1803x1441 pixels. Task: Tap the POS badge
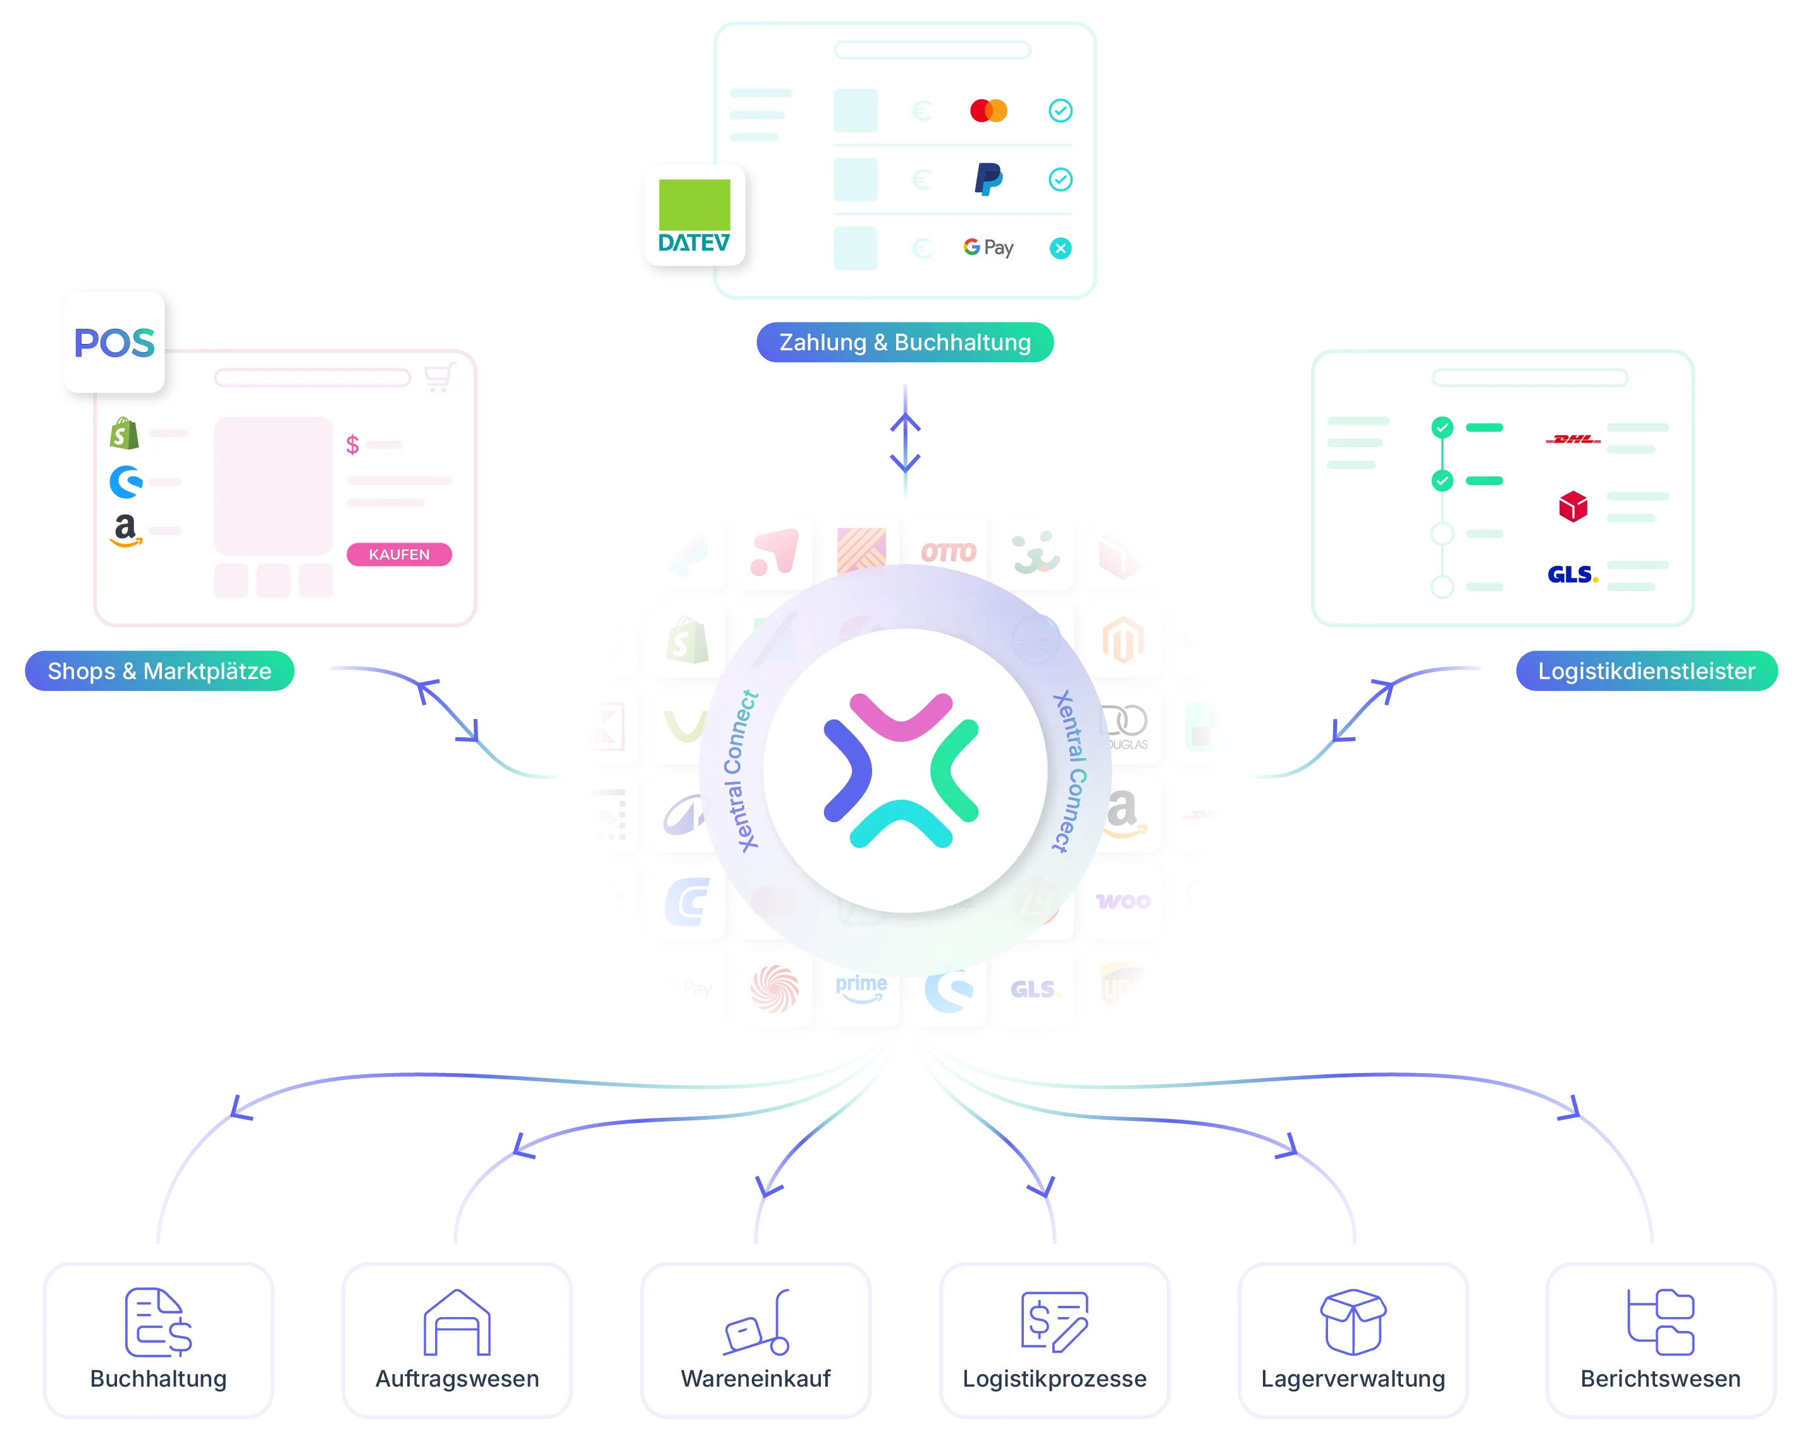[x=114, y=342]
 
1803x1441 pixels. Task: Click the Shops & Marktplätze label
[x=159, y=671]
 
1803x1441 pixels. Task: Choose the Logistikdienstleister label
[x=1645, y=671]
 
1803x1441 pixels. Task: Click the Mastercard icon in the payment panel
[x=988, y=111]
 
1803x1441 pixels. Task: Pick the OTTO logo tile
[x=949, y=552]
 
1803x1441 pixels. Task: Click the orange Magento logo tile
[x=1123, y=641]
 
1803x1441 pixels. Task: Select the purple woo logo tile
[x=1123, y=902]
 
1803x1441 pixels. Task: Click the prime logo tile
[x=861, y=988]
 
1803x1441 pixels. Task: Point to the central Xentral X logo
[x=902, y=770]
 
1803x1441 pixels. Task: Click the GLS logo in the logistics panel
[x=1572, y=575]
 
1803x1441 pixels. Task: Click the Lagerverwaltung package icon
[x=1352, y=1322]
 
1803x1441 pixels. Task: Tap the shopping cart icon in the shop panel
[x=439, y=377]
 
